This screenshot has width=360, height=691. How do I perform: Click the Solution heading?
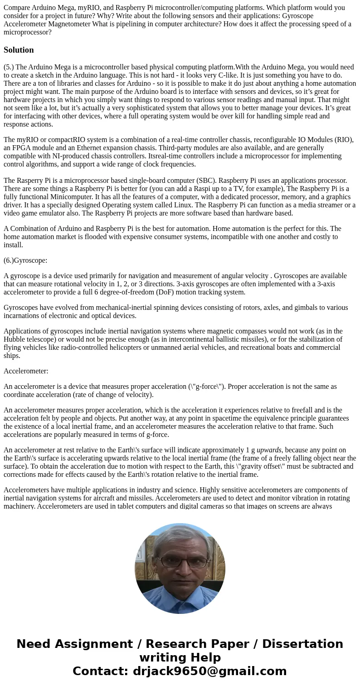(19, 50)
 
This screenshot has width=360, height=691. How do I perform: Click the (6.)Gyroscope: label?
(25, 260)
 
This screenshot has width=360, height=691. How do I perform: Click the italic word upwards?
(269, 450)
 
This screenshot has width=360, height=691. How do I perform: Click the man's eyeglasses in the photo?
(180, 561)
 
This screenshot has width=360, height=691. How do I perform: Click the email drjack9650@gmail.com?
(209, 671)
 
